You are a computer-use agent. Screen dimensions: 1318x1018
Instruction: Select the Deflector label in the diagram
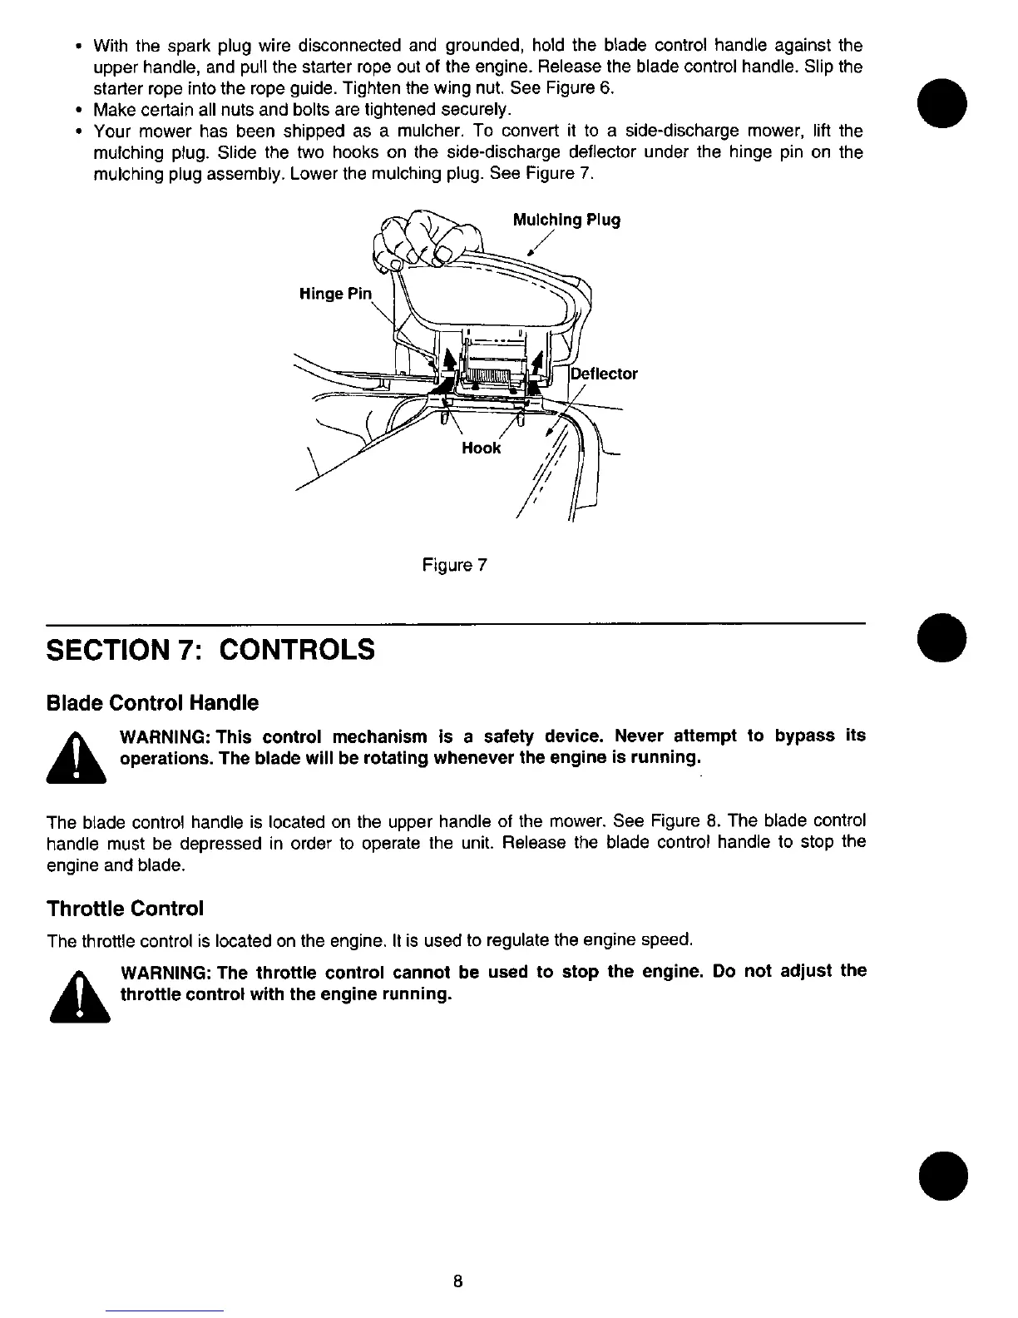pyautogui.click(x=605, y=374)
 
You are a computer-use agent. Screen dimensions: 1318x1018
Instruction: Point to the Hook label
pyautogui.click(x=482, y=448)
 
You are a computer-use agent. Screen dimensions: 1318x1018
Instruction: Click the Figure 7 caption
pyautogui.click(x=454, y=566)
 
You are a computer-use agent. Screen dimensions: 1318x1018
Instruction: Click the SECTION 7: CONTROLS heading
pyautogui.click(x=210, y=649)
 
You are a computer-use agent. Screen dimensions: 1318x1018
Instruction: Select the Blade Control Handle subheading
pyautogui.click(x=152, y=703)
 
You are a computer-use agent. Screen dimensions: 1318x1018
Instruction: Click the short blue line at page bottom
pyautogui.click(x=165, y=1311)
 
